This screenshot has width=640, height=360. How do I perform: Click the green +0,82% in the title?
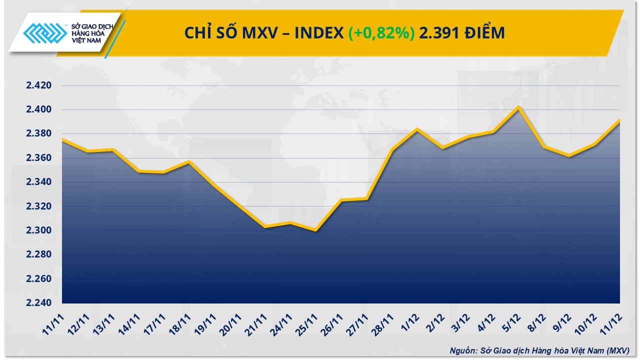[x=381, y=33]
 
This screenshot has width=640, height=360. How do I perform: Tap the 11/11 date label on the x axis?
[x=53, y=323]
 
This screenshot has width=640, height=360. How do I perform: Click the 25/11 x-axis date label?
[x=307, y=323]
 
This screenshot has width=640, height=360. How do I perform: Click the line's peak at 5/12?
[x=519, y=107]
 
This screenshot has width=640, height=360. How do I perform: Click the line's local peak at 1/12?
[x=417, y=129]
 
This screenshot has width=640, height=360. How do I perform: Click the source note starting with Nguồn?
[x=539, y=350]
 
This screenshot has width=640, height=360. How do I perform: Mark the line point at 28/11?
[x=392, y=149]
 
